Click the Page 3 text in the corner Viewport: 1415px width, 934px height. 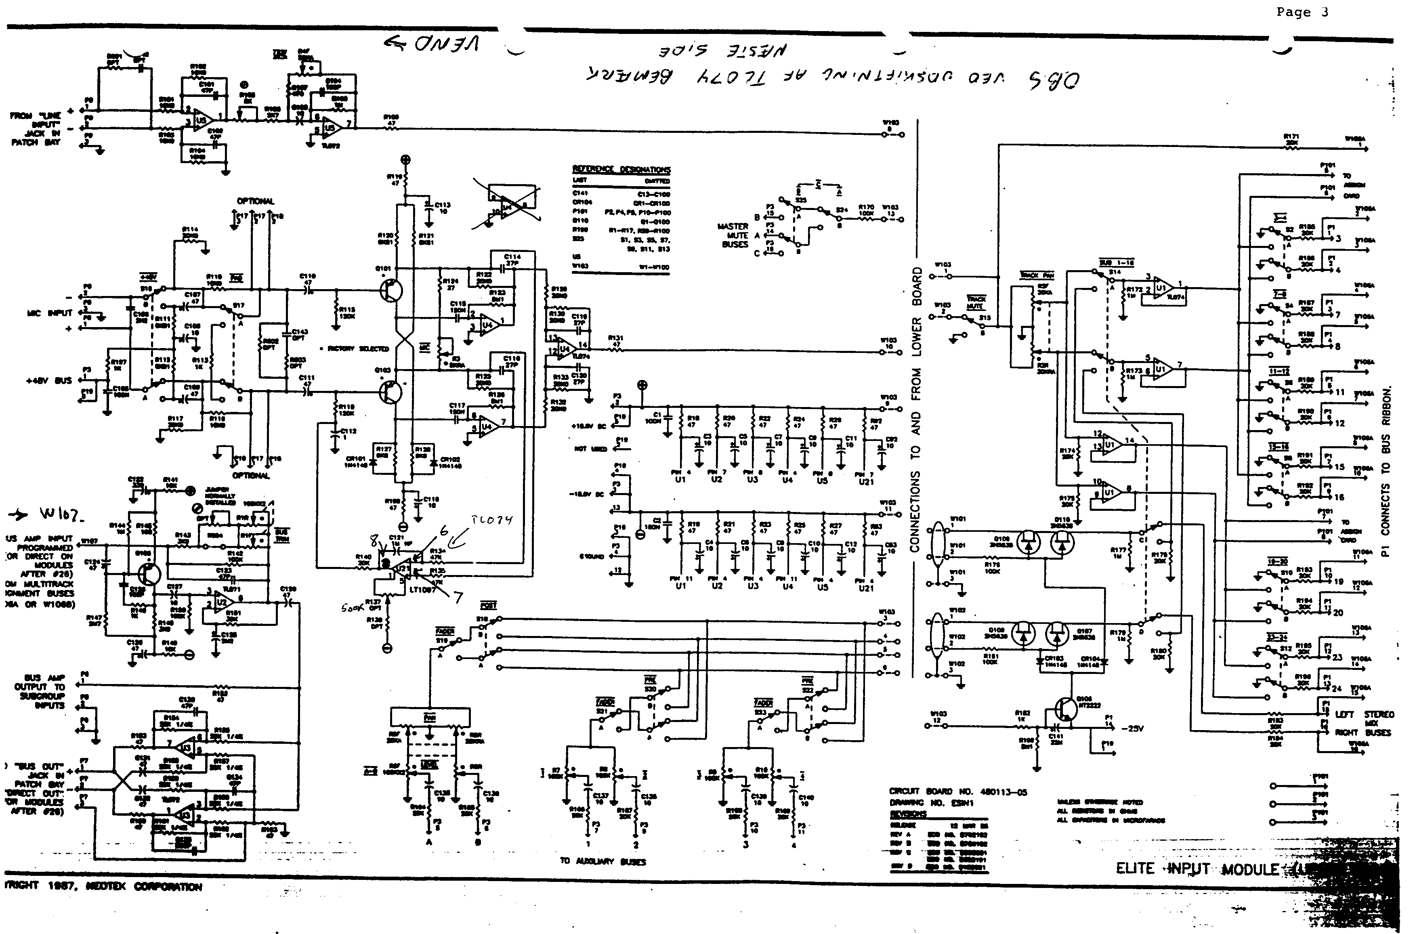pyautogui.click(x=1302, y=13)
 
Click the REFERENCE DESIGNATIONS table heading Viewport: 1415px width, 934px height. pyautogui.click(x=621, y=169)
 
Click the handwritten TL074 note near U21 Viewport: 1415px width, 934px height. pyautogui.click(x=492, y=520)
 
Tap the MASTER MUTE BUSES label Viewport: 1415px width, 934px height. pyautogui.click(x=734, y=235)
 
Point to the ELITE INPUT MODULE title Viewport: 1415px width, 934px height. pyautogui.click(x=1197, y=869)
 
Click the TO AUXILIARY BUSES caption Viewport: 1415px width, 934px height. pyautogui.click(x=603, y=861)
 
